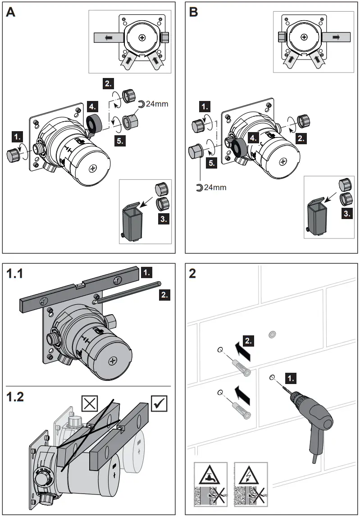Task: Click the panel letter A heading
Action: click(x=11, y=12)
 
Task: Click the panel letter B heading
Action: click(x=194, y=12)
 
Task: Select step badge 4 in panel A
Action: click(x=92, y=107)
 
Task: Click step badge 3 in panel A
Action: click(x=164, y=219)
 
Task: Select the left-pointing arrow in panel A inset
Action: click(x=109, y=38)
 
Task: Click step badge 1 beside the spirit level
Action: click(x=146, y=272)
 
